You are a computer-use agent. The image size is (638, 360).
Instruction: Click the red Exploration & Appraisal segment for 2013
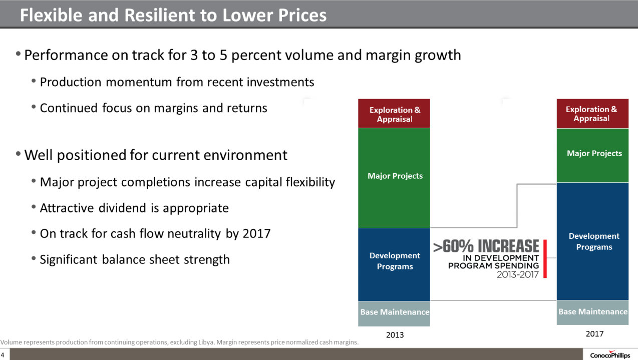coord(395,114)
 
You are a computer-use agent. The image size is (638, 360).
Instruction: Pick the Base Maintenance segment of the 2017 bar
coord(592,312)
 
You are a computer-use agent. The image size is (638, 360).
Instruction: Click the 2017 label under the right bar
coord(594,333)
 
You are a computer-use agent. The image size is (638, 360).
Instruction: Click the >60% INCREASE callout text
coord(486,246)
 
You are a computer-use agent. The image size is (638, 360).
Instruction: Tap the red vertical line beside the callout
coord(544,258)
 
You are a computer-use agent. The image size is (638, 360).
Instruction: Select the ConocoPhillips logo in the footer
coord(609,355)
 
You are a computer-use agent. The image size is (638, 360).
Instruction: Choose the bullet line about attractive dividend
coord(134,208)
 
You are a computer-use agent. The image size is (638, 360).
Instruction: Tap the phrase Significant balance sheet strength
coord(135,259)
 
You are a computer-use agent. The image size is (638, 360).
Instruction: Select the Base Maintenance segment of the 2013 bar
coord(395,312)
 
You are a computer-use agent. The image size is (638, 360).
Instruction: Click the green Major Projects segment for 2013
coord(395,176)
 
